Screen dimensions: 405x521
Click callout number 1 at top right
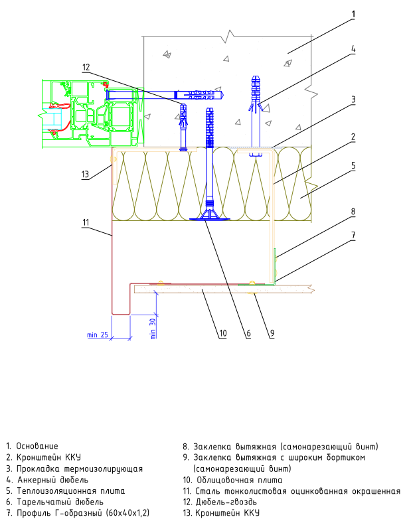353,15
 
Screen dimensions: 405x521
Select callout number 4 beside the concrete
353,49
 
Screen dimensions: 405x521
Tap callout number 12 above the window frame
86,68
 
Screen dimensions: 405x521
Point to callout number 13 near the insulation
85,174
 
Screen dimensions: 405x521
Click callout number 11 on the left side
86,222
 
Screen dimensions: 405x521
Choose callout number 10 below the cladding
223,333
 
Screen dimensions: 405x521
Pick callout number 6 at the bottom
248,333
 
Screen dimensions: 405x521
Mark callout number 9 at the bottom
272,333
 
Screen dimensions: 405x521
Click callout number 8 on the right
353,212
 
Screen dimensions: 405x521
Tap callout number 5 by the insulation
353,165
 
